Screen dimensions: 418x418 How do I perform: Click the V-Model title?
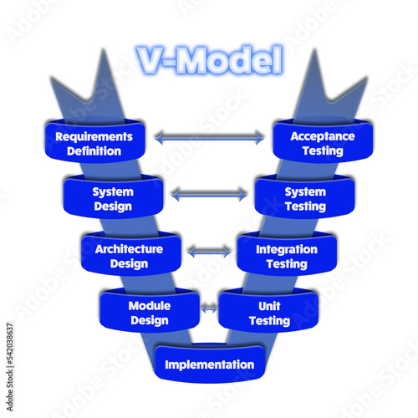(210, 60)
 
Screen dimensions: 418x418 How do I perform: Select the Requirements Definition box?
(94, 140)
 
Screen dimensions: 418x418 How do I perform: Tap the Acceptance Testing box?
(323, 140)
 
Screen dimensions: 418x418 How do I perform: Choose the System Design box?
(113, 196)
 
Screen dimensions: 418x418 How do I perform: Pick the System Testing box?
(305, 196)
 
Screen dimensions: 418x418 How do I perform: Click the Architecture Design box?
(131, 253)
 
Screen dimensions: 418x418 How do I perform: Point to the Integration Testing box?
(287, 253)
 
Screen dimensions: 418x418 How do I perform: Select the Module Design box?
(150, 310)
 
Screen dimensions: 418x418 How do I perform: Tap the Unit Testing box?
(268, 310)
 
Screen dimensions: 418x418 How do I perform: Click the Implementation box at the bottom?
(210, 364)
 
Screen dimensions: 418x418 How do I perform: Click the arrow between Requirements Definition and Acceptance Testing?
(209, 138)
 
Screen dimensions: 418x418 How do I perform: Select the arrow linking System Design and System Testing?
(209, 194)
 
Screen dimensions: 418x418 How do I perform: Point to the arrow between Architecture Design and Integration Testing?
(209, 252)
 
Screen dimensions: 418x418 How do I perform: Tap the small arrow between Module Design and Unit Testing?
(209, 308)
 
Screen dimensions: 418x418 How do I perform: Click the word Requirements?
(94, 137)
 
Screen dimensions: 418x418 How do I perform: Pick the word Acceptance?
(323, 136)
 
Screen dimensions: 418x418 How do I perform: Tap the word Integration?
(287, 249)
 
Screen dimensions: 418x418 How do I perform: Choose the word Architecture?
(129, 249)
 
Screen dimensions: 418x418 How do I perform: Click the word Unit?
(269, 306)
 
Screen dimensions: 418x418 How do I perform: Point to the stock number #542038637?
(10, 344)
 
